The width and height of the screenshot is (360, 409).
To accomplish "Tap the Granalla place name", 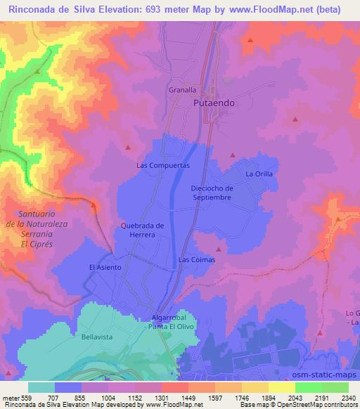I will tap(183, 90).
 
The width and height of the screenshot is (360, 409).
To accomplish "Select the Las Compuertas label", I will tap(162, 165).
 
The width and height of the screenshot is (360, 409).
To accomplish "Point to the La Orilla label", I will tap(258, 174).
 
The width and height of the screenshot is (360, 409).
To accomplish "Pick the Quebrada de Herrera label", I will tap(142, 230).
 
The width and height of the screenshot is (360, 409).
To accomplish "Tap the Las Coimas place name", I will tap(196, 259).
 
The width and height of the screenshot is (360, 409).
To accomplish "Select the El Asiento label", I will tap(105, 267).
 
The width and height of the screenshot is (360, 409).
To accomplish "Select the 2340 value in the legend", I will tap(348, 398).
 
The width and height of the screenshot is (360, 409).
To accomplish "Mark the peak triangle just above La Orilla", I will tap(233, 155).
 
